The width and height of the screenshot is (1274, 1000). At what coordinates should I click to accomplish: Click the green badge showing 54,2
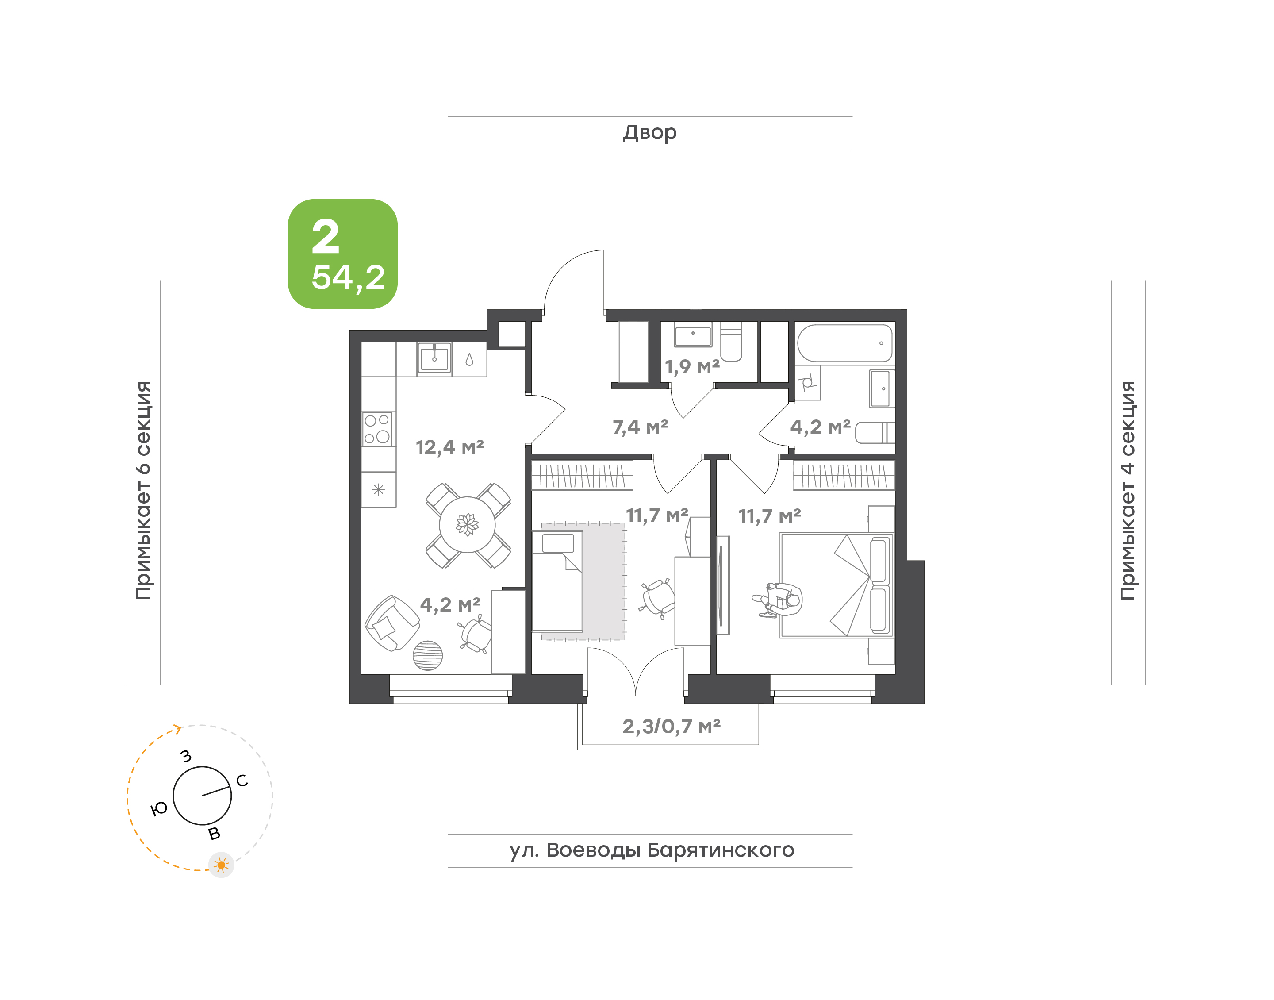point(342,254)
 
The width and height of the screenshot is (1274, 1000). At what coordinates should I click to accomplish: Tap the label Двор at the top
point(649,133)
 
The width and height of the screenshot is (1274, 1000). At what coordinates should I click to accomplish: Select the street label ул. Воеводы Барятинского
point(651,850)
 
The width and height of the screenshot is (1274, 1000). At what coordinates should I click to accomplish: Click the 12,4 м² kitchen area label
point(449,447)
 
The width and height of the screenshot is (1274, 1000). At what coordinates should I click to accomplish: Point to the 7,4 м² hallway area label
point(640,427)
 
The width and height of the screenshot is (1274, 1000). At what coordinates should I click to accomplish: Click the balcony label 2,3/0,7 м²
point(671,726)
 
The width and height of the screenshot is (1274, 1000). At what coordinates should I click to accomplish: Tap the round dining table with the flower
point(467,525)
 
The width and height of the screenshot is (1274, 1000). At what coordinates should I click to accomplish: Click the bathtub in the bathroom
point(844,343)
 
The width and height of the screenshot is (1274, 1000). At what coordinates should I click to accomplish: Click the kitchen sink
point(434,357)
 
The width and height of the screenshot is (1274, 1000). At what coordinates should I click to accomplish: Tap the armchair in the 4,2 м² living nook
point(391,623)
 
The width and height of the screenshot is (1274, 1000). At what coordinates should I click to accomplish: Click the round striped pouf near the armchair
point(428,656)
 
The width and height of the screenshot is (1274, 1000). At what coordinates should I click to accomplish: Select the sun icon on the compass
point(221,865)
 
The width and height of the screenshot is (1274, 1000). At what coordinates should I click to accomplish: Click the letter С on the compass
point(242,781)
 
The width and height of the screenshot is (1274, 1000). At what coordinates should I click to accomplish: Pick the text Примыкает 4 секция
point(1128,490)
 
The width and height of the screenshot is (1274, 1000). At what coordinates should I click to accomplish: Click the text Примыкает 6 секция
point(143,490)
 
